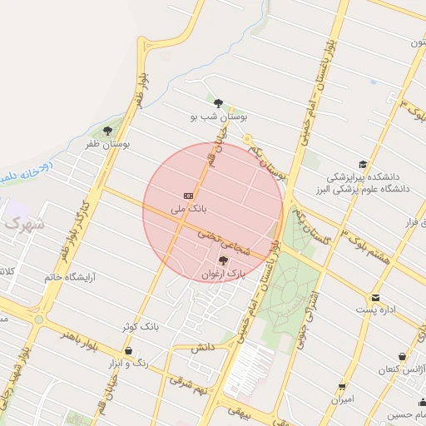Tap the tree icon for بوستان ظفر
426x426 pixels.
pyautogui.click(x=107, y=131)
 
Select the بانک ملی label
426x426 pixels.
pyautogui.click(x=188, y=208)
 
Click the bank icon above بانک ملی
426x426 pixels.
pyautogui.click(x=188, y=195)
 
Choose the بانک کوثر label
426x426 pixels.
pyautogui.click(x=141, y=327)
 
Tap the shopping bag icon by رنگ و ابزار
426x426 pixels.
pyautogui.click(x=127, y=351)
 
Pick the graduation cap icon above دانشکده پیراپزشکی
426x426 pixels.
pyautogui.click(x=362, y=165)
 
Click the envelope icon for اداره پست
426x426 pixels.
pyautogui.click(x=375, y=297)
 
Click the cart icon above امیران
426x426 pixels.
pyautogui.click(x=342, y=387)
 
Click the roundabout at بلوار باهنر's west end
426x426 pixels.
pyautogui.click(x=38, y=319)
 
